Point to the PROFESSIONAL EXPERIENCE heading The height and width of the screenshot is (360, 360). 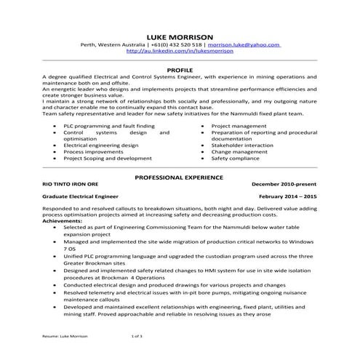pos(180,177)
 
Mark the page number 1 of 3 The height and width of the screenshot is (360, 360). pos(137,337)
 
